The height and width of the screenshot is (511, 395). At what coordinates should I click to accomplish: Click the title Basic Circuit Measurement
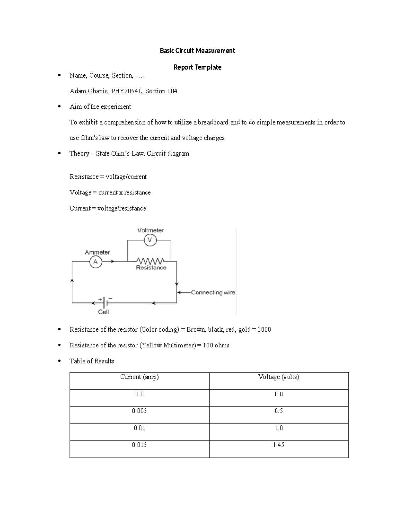click(197, 51)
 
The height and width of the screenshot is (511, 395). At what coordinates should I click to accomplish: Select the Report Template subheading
click(197, 67)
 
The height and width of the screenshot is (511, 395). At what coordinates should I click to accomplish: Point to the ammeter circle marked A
click(96, 262)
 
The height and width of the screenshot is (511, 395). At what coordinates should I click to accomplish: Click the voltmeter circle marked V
click(150, 240)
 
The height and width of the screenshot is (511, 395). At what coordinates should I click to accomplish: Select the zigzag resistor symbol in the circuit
click(150, 261)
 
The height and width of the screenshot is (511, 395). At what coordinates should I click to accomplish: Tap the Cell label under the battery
click(103, 312)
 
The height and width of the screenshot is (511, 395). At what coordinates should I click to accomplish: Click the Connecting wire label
click(213, 292)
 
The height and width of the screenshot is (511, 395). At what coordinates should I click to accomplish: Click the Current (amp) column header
click(139, 377)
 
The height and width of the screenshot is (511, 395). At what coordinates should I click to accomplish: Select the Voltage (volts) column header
click(278, 377)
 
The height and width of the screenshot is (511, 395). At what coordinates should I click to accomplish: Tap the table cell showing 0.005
click(139, 411)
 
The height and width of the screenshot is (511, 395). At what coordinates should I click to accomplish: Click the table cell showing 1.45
click(278, 445)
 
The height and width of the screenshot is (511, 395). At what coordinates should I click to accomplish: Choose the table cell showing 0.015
click(139, 445)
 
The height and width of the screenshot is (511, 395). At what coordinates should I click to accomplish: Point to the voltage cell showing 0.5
click(278, 411)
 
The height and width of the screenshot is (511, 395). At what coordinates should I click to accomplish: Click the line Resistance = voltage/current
click(108, 177)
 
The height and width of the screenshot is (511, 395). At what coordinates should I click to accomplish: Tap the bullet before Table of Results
click(59, 361)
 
